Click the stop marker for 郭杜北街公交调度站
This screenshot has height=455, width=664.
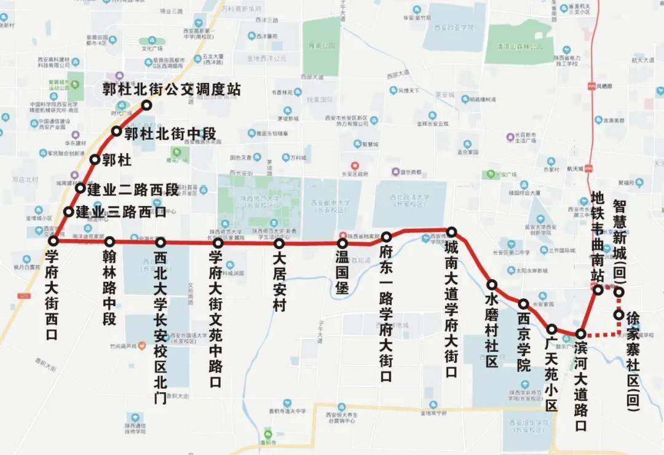point(147,105)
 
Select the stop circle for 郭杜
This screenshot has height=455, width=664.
point(95,160)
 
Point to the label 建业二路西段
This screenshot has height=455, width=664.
point(132,190)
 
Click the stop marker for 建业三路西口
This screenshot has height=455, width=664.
point(69,212)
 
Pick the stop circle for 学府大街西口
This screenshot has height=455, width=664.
point(53,240)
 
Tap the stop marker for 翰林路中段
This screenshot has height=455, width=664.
point(110,242)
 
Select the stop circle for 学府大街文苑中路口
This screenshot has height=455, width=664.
point(218,243)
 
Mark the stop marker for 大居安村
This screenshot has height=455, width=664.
point(279,243)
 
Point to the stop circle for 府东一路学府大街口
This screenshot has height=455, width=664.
point(387,237)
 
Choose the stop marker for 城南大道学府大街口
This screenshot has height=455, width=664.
point(452,232)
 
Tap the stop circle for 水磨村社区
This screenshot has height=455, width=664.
point(492,285)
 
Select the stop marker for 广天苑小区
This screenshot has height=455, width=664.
point(552,329)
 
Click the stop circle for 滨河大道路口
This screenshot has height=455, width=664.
point(580,334)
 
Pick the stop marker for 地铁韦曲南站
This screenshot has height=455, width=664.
point(598,290)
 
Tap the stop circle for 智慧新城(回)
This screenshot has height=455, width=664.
point(619,291)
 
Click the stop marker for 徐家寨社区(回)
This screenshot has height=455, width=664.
point(619,315)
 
